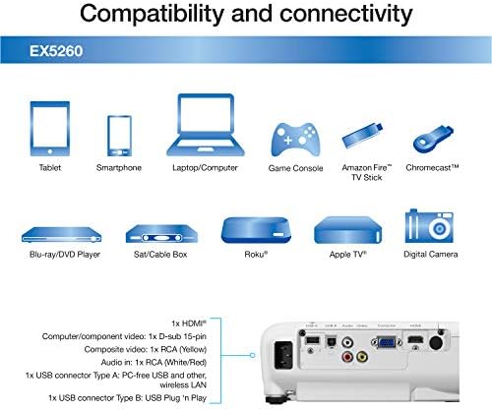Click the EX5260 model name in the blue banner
click(x=56, y=51)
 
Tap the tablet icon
click(x=50, y=129)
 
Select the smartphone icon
click(x=119, y=136)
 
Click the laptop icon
click(x=206, y=125)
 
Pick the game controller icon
click(x=295, y=140)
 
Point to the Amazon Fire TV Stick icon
click(x=363, y=135)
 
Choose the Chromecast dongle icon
click(x=433, y=139)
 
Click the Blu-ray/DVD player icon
click(x=61, y=235)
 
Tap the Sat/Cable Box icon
click(x=161, y=234)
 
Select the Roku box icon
click(x=256, y=230)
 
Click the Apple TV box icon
click(x=347, y=230)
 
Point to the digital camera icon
click(x=429, y=226)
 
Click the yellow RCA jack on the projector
click(x=362, y=356)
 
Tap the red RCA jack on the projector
click(x=347, y=356)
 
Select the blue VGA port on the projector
click(x=387, y=343)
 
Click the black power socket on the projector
click(x=283, y=355)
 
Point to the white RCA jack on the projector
click(x=347, y=343)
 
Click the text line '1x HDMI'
click(x=189, y=323)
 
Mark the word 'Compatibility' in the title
click(x=152, y=14)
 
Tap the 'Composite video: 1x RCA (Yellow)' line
click(x=146, y=349)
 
